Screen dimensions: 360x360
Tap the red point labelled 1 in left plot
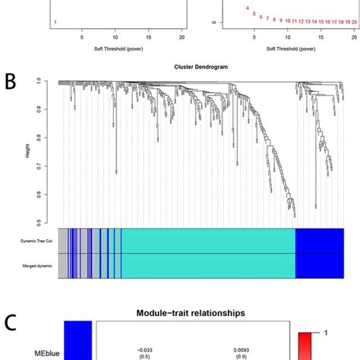[x=55, y=23]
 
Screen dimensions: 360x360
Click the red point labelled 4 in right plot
[x=248, y=8]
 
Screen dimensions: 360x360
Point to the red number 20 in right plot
[x=354, y=22]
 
